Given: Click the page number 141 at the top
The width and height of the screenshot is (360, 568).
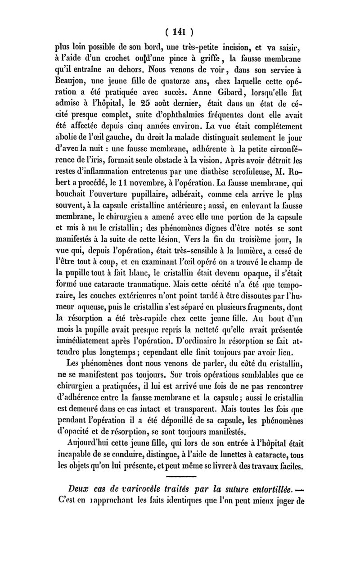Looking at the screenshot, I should tap(180, 32).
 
